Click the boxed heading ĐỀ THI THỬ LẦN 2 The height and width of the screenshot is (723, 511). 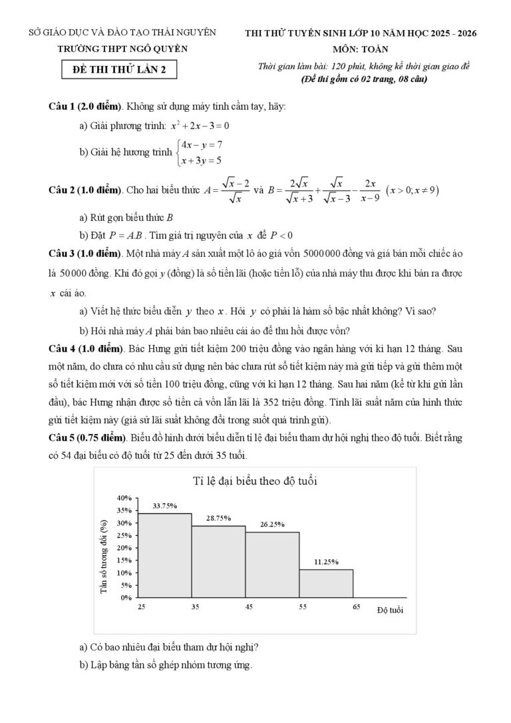point(119,69)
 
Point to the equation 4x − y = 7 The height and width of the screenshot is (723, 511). point(201,144)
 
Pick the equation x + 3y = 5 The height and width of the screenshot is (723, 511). point(200,160)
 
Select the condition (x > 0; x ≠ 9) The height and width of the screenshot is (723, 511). point(413,190)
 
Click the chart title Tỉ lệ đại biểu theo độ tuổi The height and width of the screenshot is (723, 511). point(255,481)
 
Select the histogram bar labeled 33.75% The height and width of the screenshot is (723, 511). point(165,555)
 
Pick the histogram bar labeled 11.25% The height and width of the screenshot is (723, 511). point(326,583)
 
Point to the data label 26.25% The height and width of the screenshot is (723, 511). point(272,525)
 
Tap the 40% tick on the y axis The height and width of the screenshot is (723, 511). point(124,498)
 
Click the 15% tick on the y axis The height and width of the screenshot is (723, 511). point(124,560)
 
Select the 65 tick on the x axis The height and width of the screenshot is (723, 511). point(356,607)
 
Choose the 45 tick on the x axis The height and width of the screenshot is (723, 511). point(248,607)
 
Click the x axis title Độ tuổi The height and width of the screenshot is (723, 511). point(390,610)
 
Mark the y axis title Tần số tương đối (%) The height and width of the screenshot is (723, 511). point(104,549)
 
